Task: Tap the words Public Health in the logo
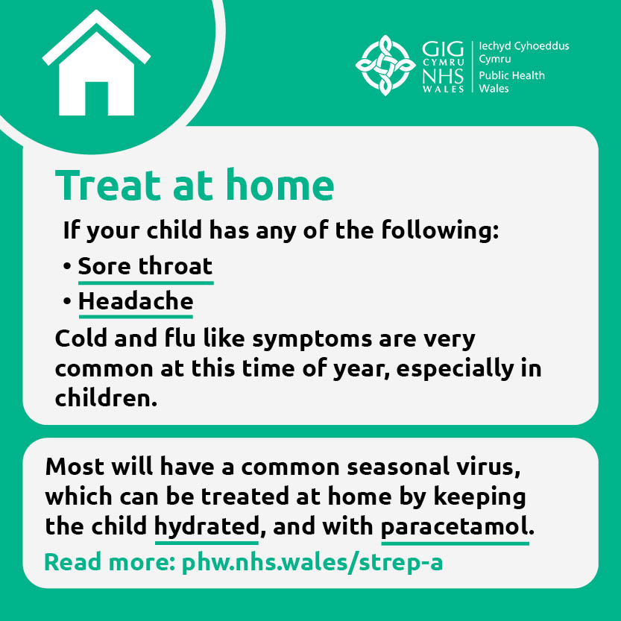coord(511,75)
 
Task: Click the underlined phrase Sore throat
coord(145,266)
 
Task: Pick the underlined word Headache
coord(136,302)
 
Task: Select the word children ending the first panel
coord(106,397)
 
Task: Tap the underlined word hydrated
coord(206,526)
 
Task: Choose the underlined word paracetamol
coord(455,526)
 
